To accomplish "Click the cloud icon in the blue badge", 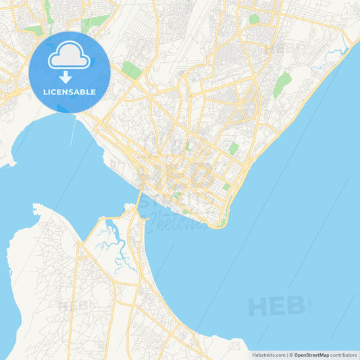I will coord(70,56).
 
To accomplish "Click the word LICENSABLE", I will coord(70,92).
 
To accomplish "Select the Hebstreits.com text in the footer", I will coord(268,355).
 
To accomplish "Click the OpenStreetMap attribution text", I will coord(311,355).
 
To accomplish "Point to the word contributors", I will coord(343,355).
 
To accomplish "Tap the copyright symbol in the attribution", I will coord(291,355).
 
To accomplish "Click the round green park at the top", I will coord(254,19).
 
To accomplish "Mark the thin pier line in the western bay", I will coord(73,132).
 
